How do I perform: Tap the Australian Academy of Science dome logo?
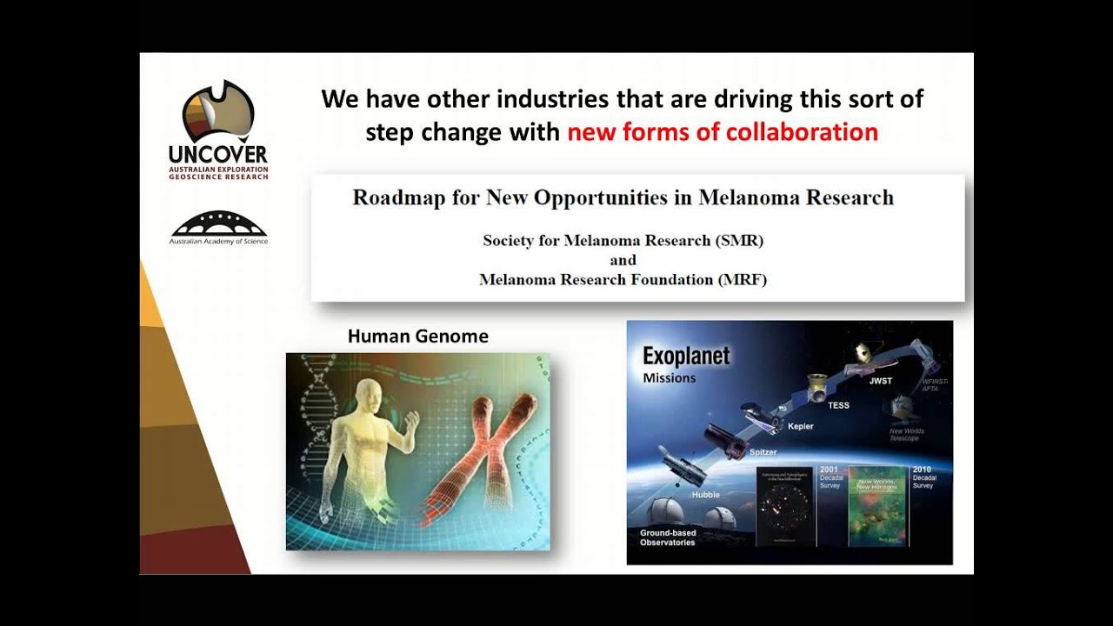(x=218, y=223)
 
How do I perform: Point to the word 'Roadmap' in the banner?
(x=396, y=197)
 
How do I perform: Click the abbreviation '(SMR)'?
(x=738, y=240)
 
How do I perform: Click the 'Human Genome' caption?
(x=417, y=336)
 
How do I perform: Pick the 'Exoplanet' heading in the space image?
(x=686, y=356)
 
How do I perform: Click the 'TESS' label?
(x=838, y=405)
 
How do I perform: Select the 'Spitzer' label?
(x=763, y=452)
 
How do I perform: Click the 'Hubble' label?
(x=706, y=495)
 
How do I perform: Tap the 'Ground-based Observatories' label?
(x=668, y=536)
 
